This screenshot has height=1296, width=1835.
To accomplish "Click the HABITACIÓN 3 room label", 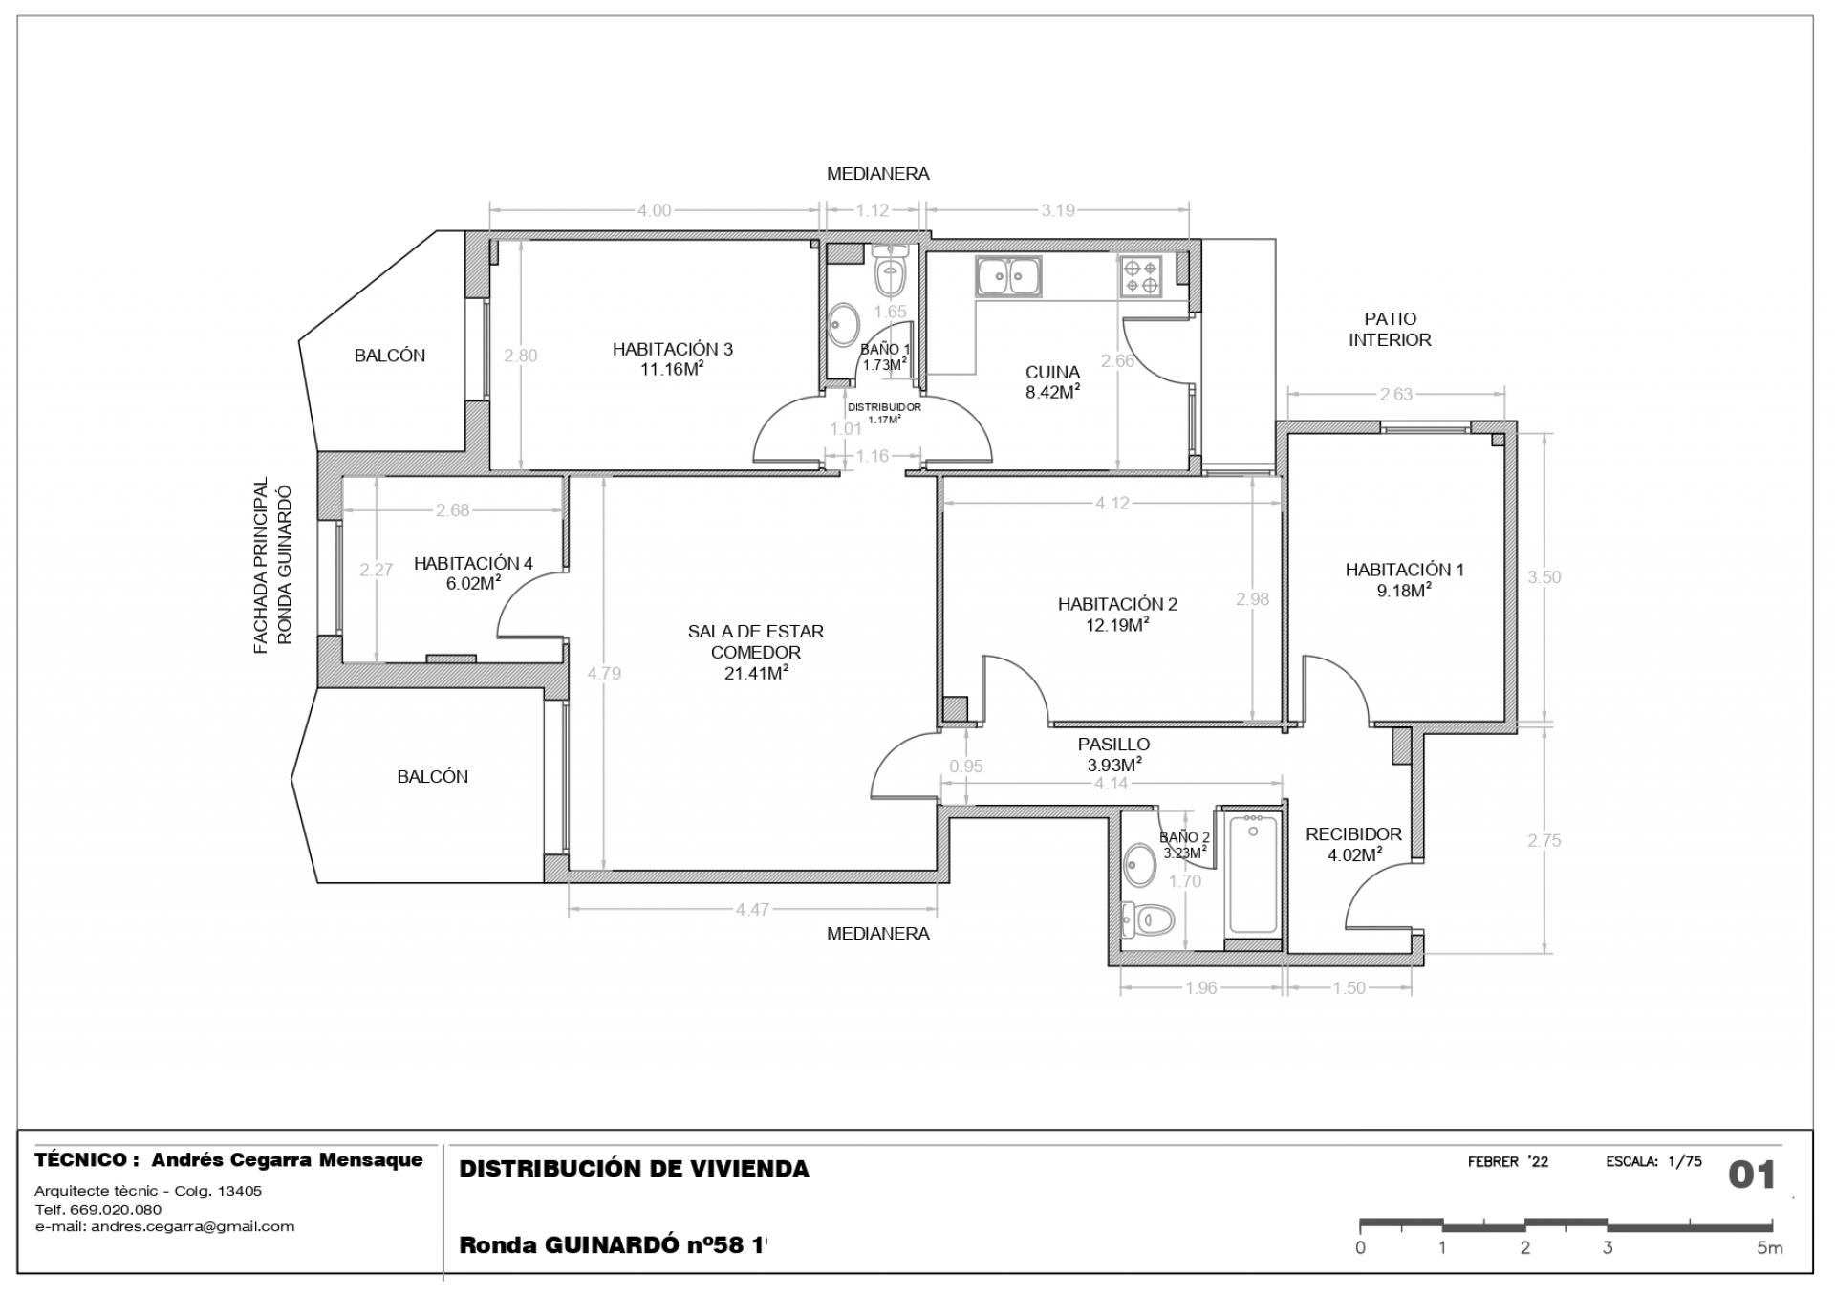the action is tap(672, 349).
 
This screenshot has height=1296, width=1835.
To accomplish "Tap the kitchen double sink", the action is tap(1008, 276).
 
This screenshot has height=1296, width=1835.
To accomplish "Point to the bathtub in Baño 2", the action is tap(1253, 872).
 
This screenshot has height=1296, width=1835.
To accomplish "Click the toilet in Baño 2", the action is tap(1147, 920).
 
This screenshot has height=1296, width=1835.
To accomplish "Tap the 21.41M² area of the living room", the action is tap(756, 673).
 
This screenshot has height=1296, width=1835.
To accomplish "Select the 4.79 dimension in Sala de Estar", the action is tap(604, 673).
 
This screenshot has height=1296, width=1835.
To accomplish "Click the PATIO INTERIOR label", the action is tap(1390, 329).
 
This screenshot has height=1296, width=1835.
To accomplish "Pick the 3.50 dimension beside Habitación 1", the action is tap(1544, 576).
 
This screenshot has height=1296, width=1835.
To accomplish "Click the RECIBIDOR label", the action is tap(1353, 834).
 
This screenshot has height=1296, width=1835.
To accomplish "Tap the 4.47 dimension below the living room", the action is tap(752, 910).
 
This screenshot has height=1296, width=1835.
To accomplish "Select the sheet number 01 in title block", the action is tap(1752, 1175).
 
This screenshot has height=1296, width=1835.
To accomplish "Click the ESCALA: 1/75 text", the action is tap(1654, 1162).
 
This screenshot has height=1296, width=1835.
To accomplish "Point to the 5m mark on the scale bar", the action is tap(1769, 1247).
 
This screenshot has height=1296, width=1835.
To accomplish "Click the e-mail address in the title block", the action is tap(164, 1226).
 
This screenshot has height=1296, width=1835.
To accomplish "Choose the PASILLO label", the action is tap(1113, 744).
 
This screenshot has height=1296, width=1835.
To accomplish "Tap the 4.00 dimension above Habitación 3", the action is tap(655, 210).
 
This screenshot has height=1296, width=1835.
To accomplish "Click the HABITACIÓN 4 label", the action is tap(473, 563).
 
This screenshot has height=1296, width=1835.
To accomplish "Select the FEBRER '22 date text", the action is tap(1508, 1162).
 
